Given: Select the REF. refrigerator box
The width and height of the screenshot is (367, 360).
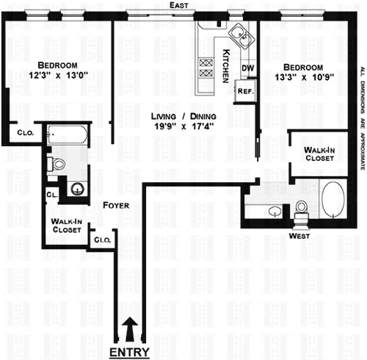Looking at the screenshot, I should coord(244,92).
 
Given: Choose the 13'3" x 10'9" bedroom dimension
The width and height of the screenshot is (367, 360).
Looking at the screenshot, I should coord(302,75).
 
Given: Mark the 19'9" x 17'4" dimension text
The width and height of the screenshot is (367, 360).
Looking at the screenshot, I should coord(176,126).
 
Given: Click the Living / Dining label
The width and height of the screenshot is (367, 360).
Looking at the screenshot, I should coord(176,115).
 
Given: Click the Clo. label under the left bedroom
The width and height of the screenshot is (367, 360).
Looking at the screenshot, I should coord(21,132).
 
